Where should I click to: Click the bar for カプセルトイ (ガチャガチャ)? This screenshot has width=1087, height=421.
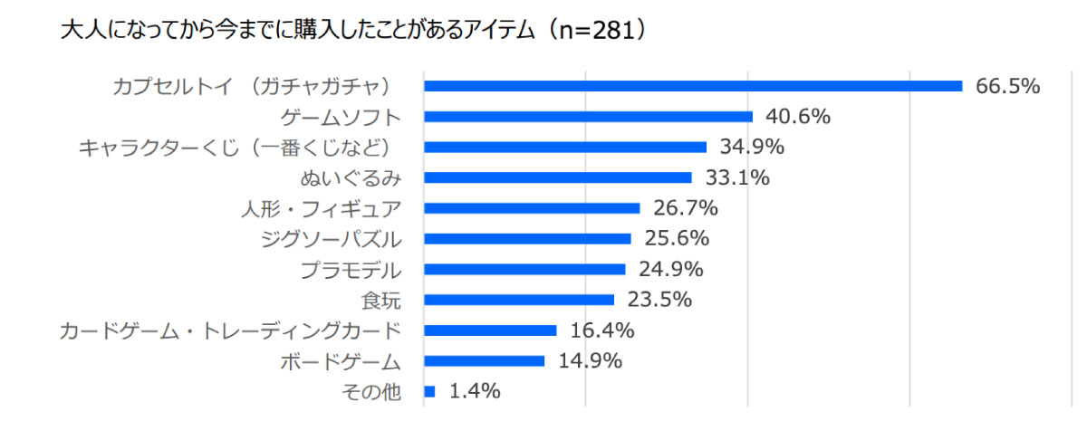(x=693, y=86)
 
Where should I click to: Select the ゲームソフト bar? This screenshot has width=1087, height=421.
(x=589, y=117)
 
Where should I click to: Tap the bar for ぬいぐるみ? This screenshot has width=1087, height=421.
(x=558, y=177)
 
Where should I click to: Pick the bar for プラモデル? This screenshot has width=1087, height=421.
(x=524, y=269)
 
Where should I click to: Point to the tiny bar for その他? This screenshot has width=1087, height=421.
(x=429, y=391)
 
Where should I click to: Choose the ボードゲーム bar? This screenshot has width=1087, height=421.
(x=485, y=360)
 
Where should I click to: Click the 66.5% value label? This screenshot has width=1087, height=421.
(x=1007, y=86)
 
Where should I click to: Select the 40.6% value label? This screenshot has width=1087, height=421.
(x=798, y=117)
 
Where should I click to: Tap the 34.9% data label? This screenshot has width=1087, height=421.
(x=752, y=147)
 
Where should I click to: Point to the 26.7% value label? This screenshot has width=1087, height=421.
(x=686, y=208)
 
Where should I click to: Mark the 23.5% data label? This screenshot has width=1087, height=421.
(x=659, y=300)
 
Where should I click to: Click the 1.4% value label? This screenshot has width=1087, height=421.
(x=475, y=391)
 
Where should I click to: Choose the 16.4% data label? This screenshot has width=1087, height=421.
(x=601, y=330)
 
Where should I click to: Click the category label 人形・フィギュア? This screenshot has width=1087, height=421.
(x=321, y=208)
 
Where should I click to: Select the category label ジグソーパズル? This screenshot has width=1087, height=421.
(x=330, y=239)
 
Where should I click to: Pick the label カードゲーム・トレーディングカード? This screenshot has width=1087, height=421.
(x=229, y=330)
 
